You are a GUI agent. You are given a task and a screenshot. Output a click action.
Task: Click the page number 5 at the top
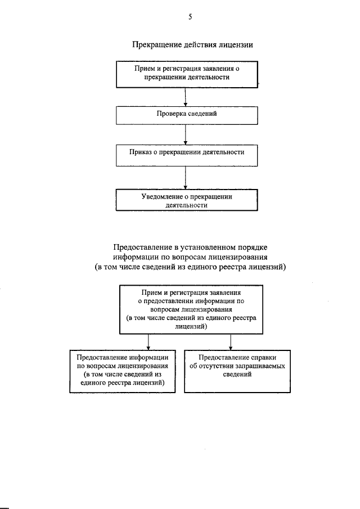[190, 17]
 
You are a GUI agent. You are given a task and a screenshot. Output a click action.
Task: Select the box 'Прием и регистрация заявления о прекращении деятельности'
[187, 74]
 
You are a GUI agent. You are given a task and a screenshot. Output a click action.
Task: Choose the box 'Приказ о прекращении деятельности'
[187, 154]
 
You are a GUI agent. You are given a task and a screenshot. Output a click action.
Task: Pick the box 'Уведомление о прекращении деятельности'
[187, 200]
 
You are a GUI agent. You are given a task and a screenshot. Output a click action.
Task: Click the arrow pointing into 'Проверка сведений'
[186, 96]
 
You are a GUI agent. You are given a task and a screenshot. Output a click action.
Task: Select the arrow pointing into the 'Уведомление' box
[186, 177]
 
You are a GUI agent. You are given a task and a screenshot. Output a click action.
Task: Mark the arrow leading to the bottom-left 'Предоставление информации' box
[148, 342]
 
